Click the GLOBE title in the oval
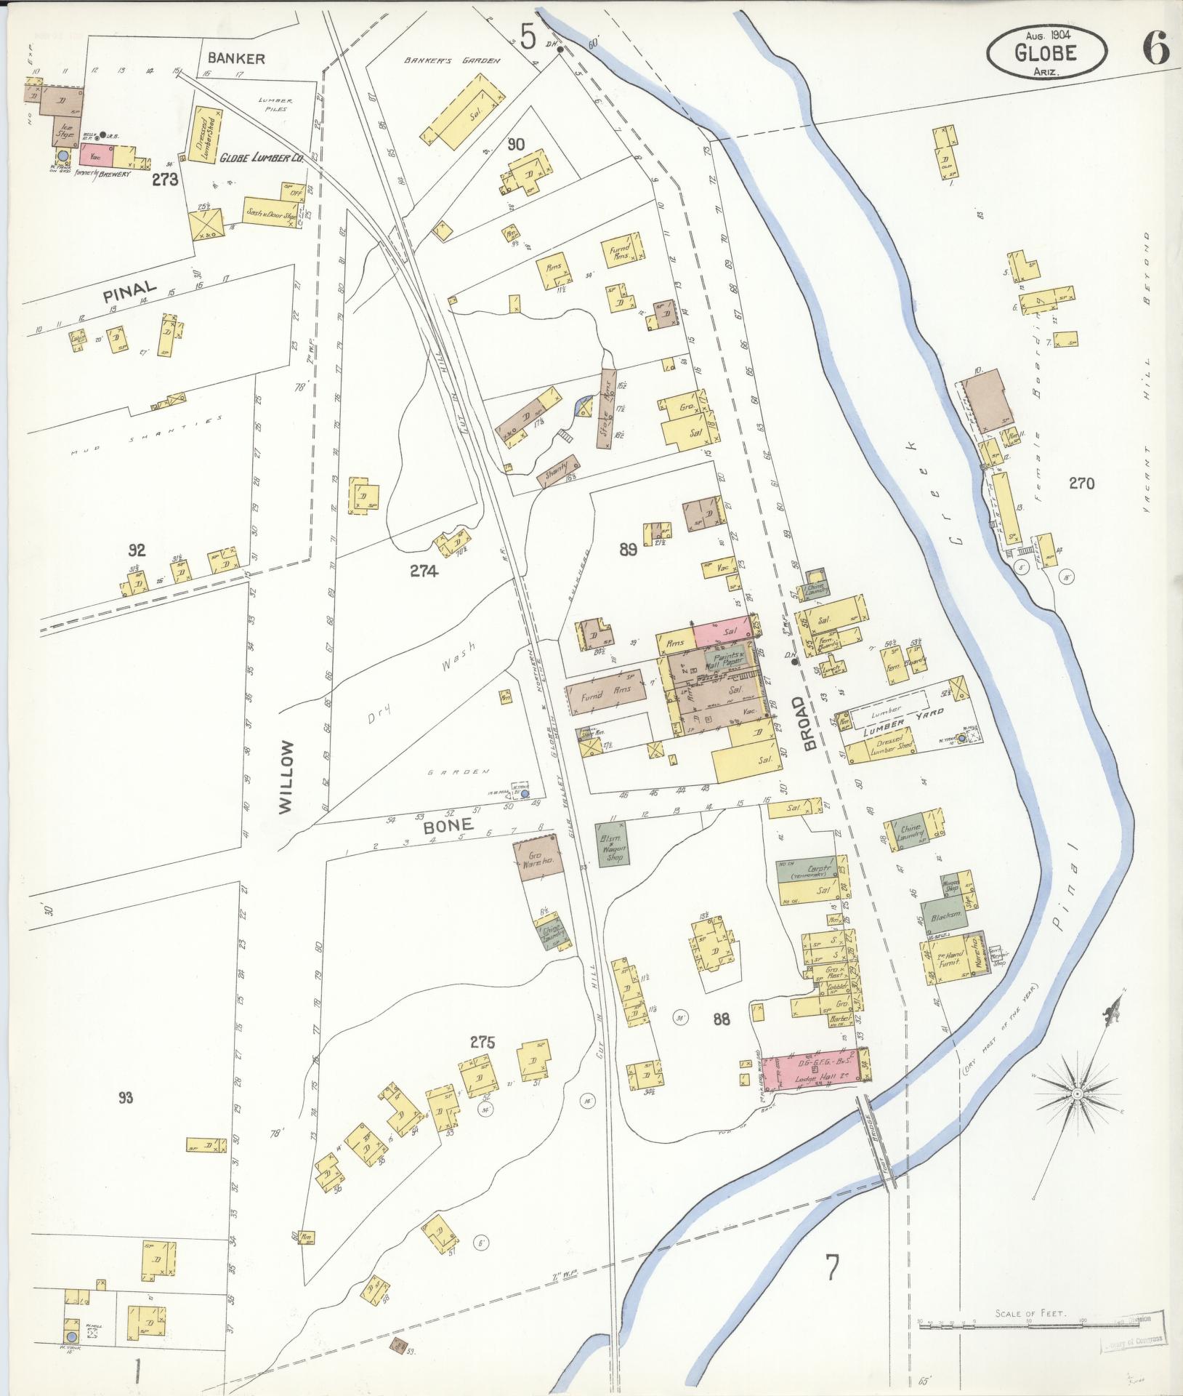(1047, 52)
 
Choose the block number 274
(424, 571)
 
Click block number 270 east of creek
(1081, 483)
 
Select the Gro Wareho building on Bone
(538, 860)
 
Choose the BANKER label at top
(236, 59)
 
